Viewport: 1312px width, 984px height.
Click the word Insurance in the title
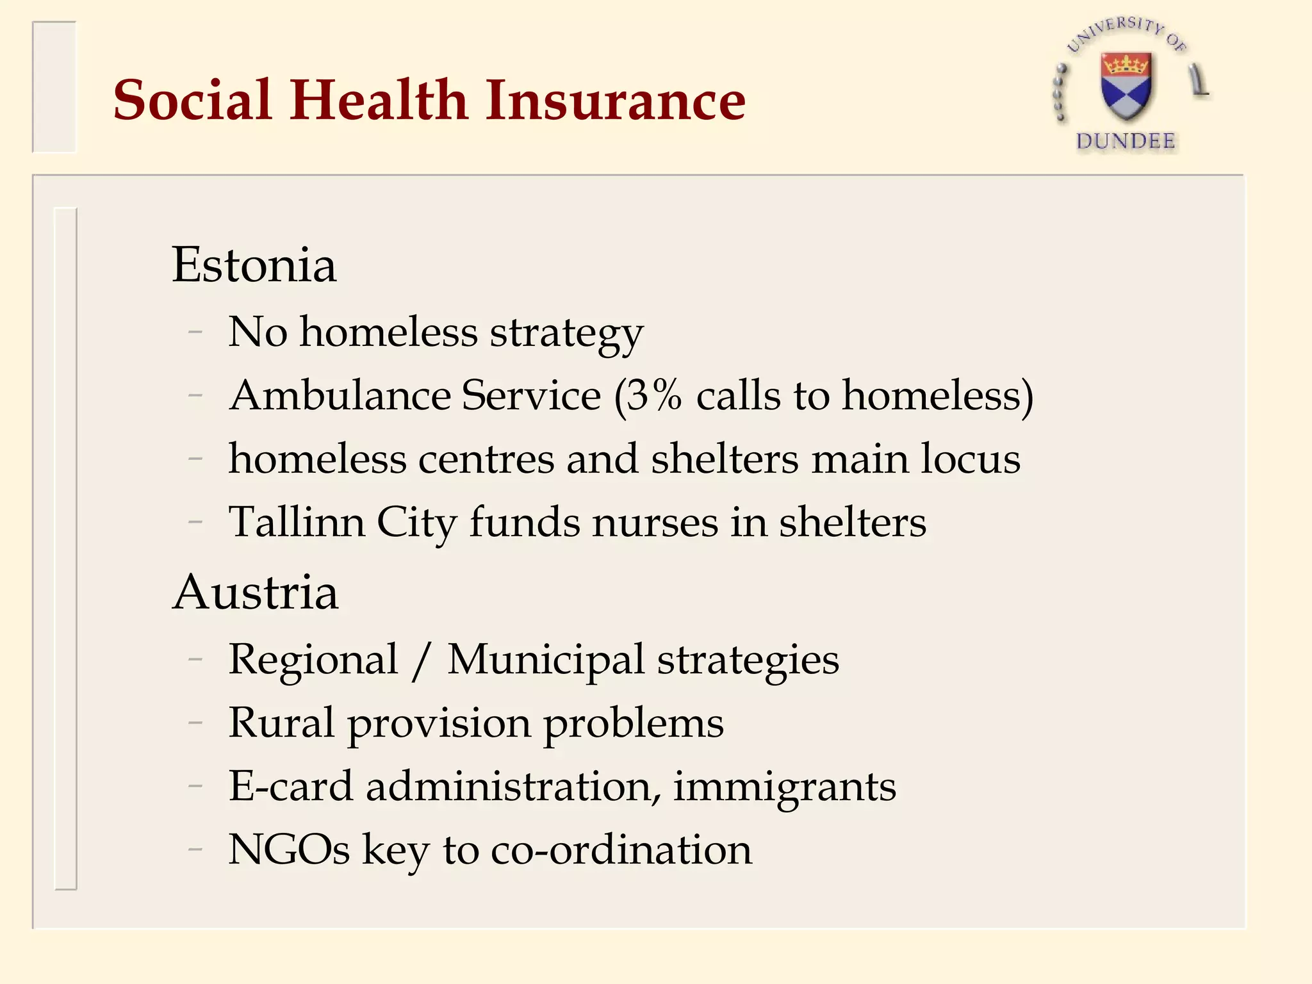[615, 101]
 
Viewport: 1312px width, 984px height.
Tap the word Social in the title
[193, 101]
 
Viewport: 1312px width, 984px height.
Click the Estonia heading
[254, 265]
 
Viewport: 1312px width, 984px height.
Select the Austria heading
[255, 593]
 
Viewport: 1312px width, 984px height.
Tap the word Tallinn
[297, 522]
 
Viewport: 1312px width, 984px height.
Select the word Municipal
[545, 659]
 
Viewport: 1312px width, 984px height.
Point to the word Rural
[281, 723]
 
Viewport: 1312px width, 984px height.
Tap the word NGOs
[289, 850]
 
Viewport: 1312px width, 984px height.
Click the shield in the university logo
[1126, 86]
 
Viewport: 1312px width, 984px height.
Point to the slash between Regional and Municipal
[421, 660]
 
